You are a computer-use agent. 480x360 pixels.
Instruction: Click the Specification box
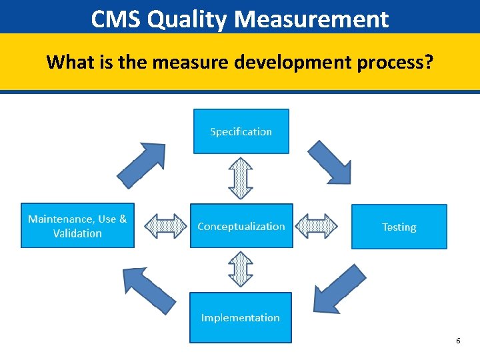tap(241, 131)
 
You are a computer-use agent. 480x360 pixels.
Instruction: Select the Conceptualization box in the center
tap(241, 226)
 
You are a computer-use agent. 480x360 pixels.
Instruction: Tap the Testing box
tap(399, 227)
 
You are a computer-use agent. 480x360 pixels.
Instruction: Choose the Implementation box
tap(241, 317)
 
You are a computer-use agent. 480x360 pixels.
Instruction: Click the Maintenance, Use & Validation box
tap(77, 225)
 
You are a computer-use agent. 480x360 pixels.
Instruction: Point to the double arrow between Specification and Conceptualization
tap(241, 178)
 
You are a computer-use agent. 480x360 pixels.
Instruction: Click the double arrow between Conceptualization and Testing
tap(317, 226)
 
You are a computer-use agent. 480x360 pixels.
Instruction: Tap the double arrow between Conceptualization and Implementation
tap(241, 269)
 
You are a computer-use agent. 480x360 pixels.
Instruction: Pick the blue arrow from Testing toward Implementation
tap(339, 289)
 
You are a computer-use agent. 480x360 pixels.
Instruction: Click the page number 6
tap(458, 341)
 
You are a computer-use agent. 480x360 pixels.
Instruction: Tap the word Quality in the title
tap(187, 19)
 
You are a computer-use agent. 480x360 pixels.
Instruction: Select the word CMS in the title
tap(115, 19)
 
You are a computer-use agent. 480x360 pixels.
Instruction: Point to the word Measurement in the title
tap(311, 19)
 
